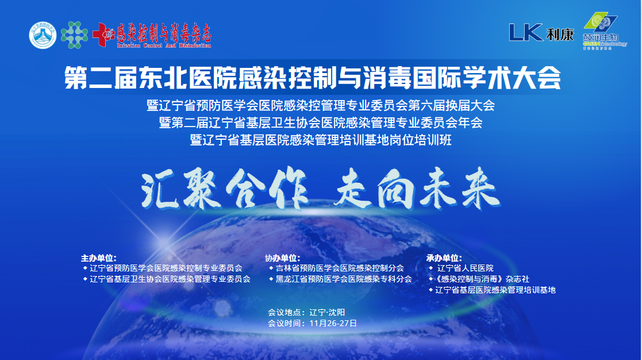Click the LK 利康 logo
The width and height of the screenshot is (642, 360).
click(x=541, y=33)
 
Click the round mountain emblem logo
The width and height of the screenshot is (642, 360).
click(x=43, y=35)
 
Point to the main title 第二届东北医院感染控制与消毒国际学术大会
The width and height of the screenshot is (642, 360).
click(x=313, y=79)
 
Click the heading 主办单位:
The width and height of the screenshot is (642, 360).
click(x=99, y=258)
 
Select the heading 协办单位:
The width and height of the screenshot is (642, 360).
click(x=282, y=258)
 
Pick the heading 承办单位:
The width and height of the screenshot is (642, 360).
click(x=444, y=258)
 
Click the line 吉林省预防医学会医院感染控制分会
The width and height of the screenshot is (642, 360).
click(x=340, y=268)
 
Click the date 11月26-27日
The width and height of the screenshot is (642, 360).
click(x=333, y=323)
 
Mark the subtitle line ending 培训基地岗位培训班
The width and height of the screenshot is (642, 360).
click(x=321, y=140)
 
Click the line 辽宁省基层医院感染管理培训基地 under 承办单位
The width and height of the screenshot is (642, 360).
click(x=495, y=290)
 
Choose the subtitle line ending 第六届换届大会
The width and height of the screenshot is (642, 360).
click(x=321, y=106)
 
